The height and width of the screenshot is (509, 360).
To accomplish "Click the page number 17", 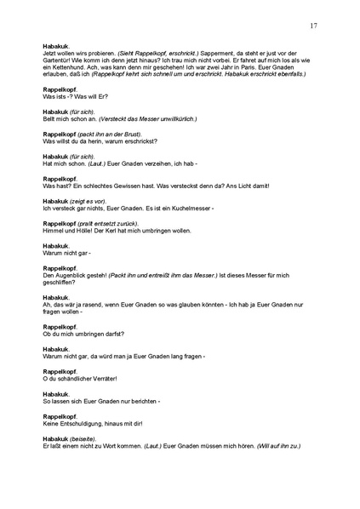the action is (314, 26).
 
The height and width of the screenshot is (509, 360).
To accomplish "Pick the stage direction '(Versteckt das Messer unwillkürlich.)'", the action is (137, 119).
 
